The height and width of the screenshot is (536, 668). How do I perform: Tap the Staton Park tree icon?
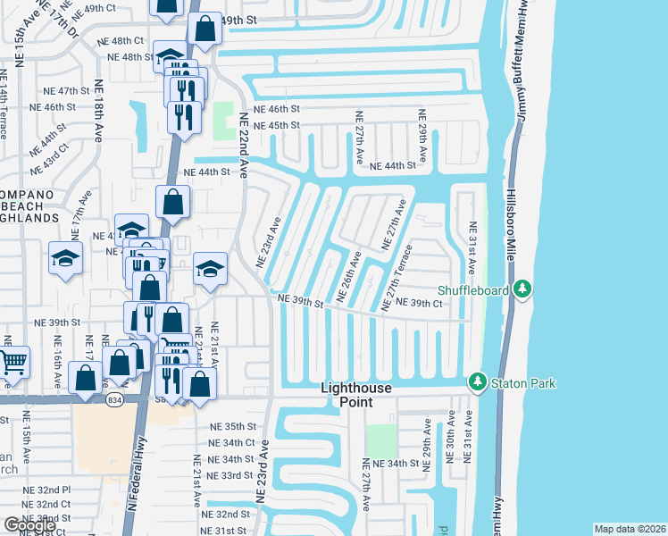478,383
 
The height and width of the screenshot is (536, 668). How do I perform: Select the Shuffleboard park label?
472,289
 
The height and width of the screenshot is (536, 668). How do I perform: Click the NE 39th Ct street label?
420,304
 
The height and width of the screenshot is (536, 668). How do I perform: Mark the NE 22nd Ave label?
243,142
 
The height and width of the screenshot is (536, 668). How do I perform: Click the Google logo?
29,525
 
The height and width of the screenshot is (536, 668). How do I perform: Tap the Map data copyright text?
630,529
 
